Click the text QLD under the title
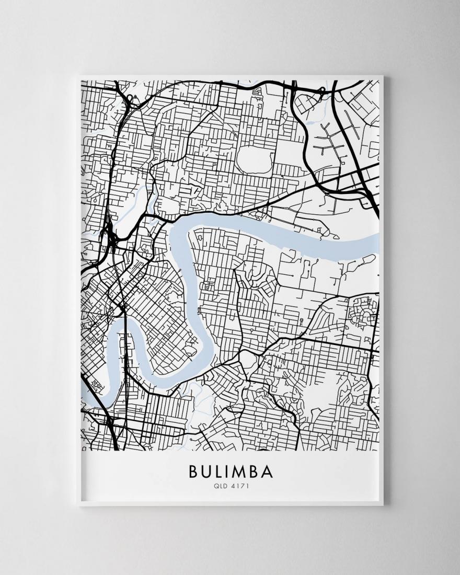point(220,486)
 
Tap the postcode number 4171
point(238,486)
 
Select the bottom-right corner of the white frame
point(383,505)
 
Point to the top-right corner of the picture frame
point(383,77)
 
